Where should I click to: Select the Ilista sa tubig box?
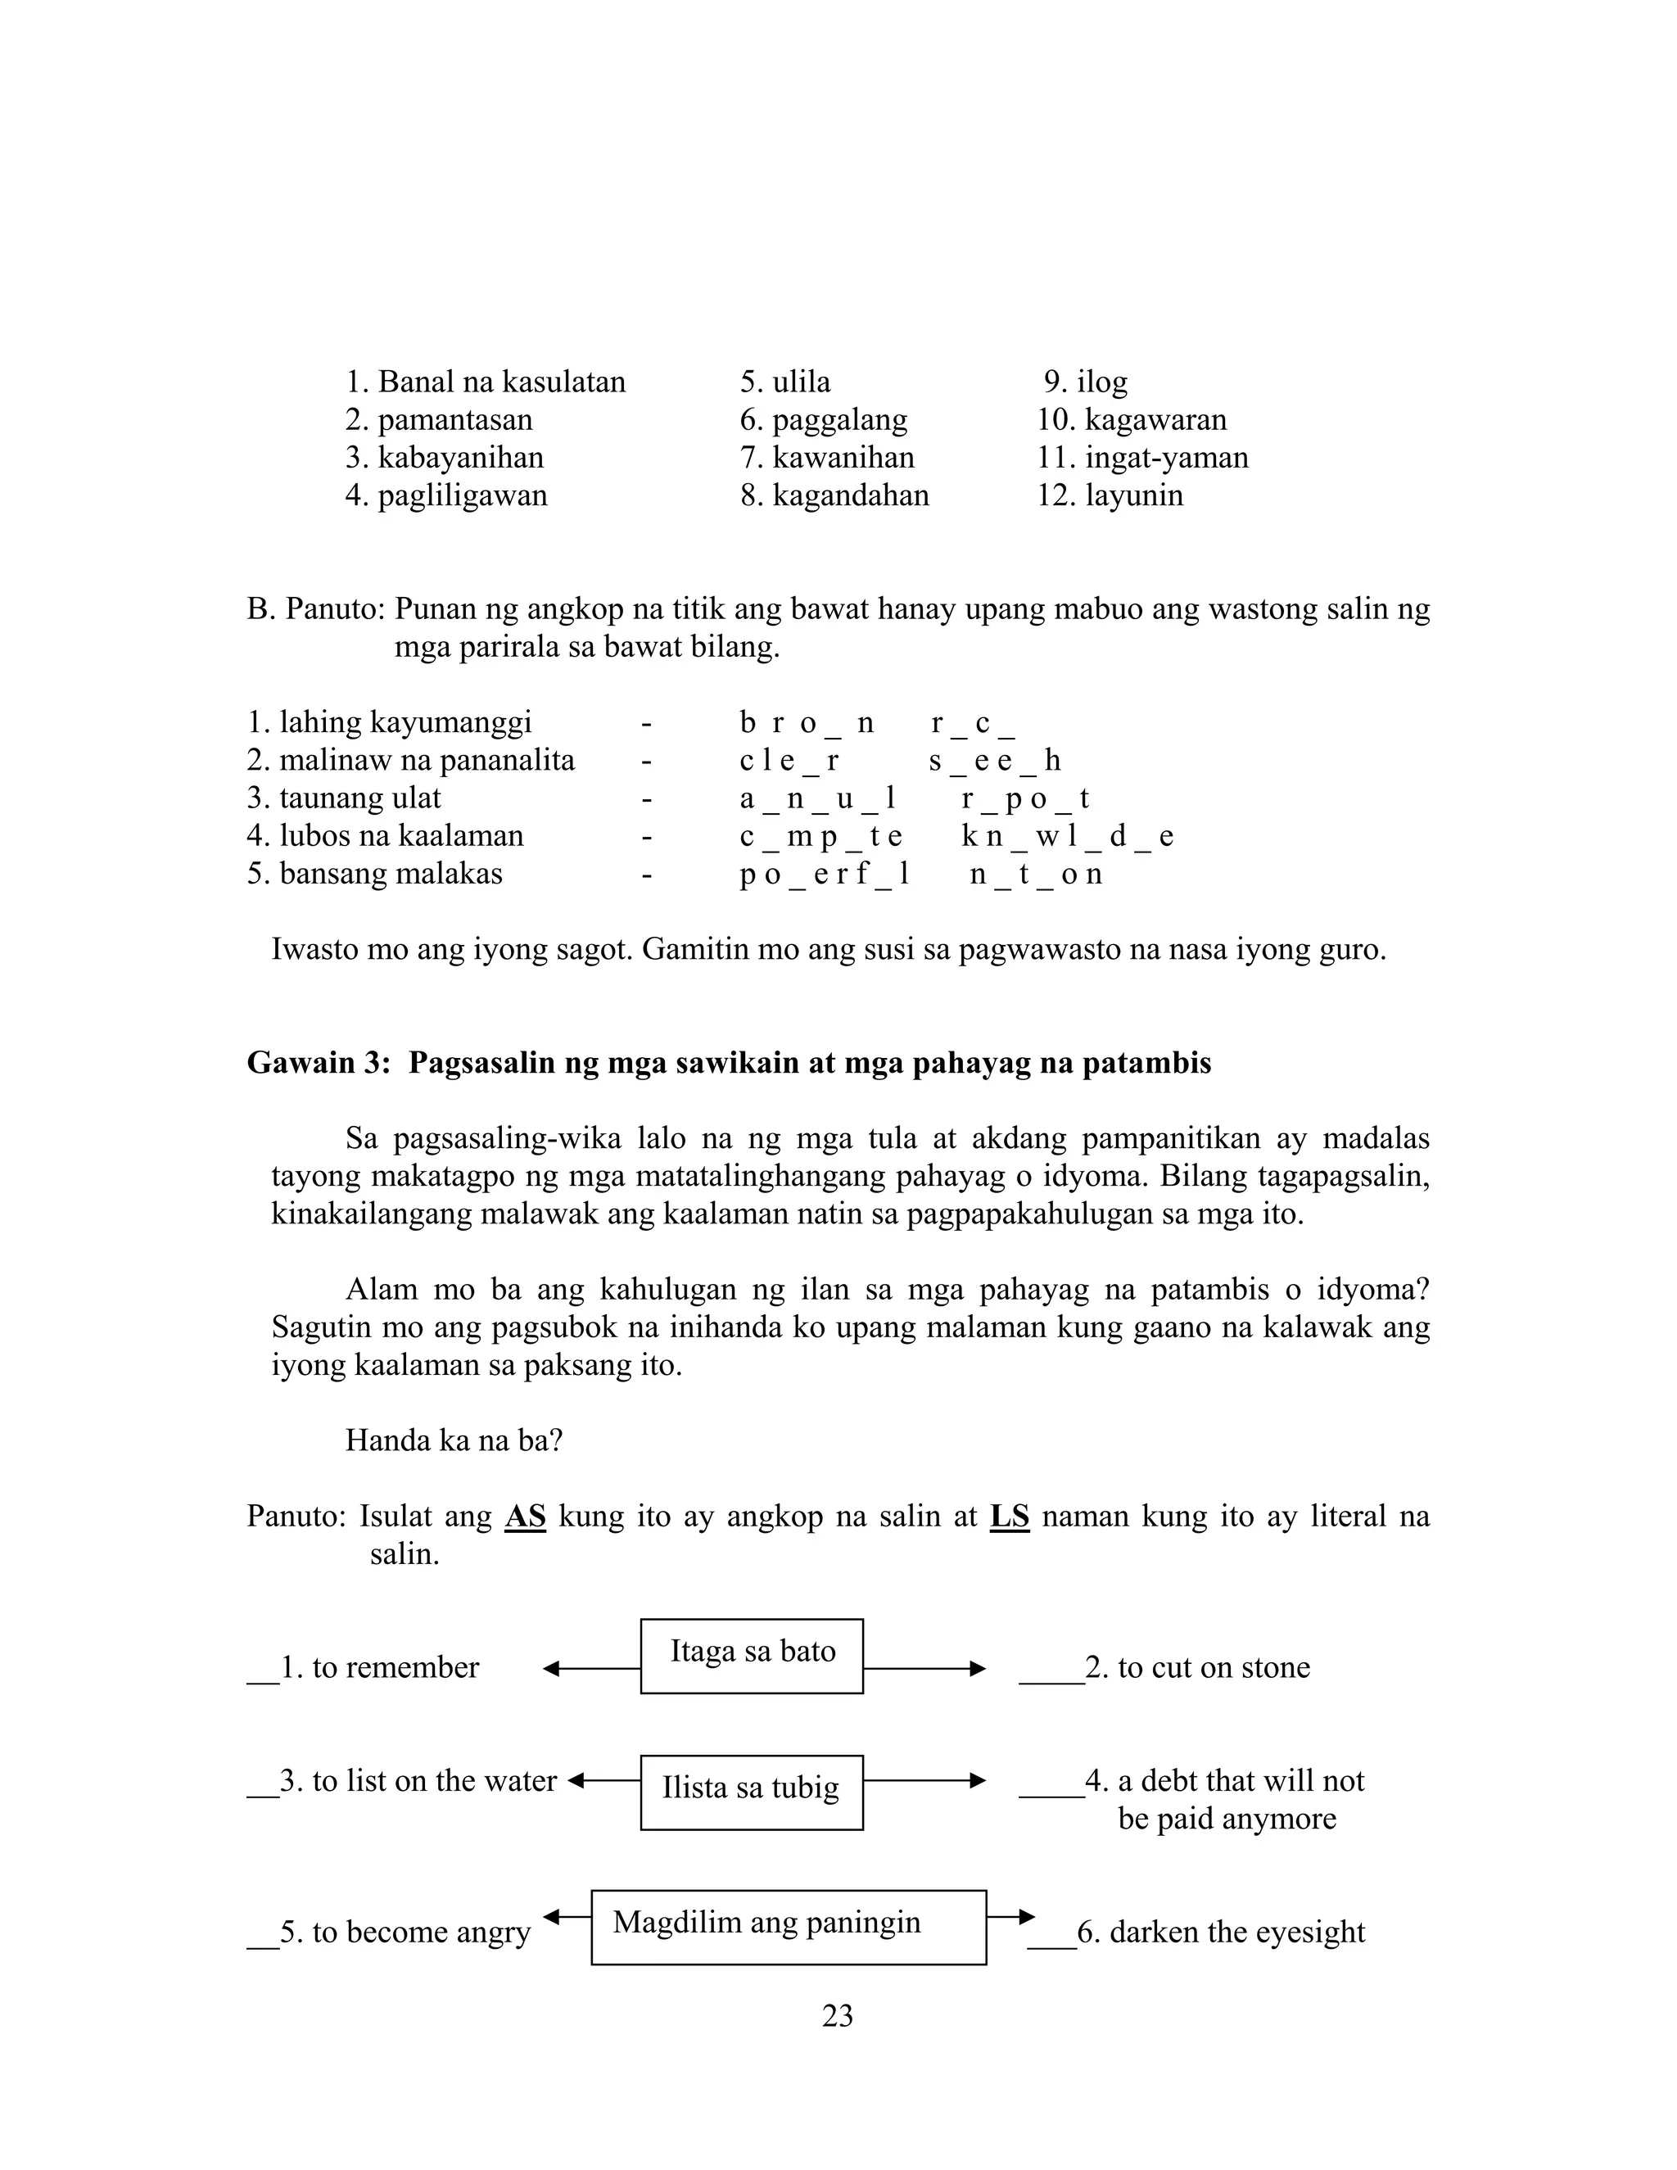click(x=751, y=1792)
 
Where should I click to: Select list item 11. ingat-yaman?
click(x=1142, y=458)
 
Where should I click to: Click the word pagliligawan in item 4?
click(x=462, y=495)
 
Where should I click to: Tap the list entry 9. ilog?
click(x=1086, y=382)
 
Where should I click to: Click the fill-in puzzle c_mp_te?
click(x=820, y=837)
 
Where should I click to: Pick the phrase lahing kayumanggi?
click(x=405, y=722)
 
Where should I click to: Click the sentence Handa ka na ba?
click(x=454, y=1440)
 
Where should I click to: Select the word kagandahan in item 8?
click(x=851, y=495)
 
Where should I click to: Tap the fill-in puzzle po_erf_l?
click(x=825, y=875)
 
